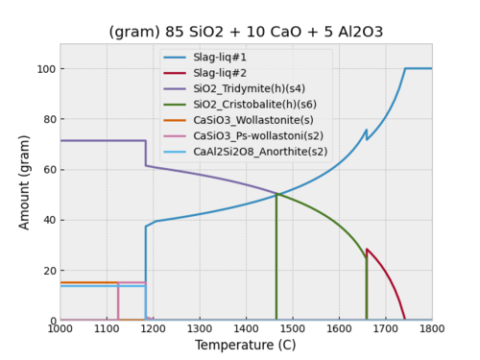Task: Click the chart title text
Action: (x=246, y=32)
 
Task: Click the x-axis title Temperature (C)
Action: (x=246, y=345)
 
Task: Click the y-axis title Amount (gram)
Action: (x=25, y=181)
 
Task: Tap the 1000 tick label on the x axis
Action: (x=60, y=329)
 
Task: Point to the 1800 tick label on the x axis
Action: (x=431, y=329)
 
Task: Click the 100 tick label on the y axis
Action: (x=44, y=69)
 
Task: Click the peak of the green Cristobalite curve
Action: (x=276, y=195)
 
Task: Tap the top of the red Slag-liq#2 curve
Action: (x=367, y=250)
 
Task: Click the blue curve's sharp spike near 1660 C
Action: (x=366, y=131)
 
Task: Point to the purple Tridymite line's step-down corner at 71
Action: (x=146, y=141)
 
